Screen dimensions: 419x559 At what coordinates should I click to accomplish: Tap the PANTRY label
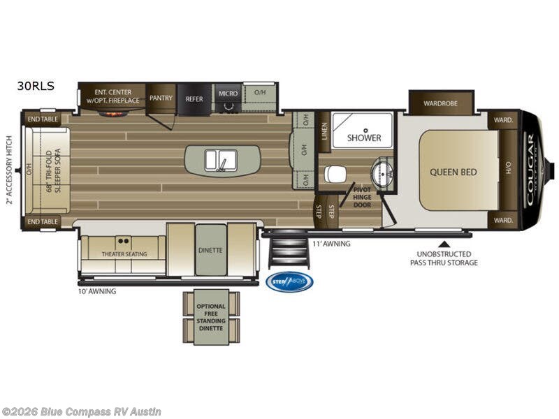tap(161, 98)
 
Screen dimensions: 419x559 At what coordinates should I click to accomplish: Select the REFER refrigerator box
tap(194, 99)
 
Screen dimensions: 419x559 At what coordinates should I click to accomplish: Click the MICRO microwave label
tap(228, 94)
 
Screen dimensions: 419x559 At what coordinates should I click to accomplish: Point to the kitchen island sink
tap(222, 161)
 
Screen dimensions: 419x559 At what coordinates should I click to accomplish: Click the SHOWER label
tap(365, 138)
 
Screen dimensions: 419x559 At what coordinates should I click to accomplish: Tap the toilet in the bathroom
tap(336, 172)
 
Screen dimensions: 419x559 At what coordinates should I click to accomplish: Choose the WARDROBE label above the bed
tap(441, 103)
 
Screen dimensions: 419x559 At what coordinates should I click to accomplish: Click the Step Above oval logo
tap(289, 281)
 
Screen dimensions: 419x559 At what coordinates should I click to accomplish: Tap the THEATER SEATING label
tap(124, 254)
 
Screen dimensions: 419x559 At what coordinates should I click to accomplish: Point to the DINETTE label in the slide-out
tap(211, 249)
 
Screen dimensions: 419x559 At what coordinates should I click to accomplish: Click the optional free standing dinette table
tap(211, 317)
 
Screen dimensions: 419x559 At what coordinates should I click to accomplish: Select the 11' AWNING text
tap(331, 244)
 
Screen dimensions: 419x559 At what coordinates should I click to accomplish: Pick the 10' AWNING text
tap(97, 291)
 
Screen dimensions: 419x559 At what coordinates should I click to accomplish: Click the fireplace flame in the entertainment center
tap(112, 112)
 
